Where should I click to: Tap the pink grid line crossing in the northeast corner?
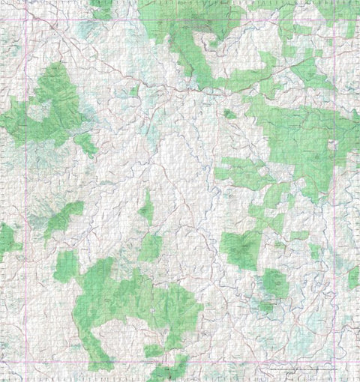coord(334,19)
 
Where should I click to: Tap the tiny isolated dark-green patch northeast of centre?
coord(228,114)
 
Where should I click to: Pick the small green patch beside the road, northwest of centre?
coord(134,91)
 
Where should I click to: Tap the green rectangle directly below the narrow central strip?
coord(150,248)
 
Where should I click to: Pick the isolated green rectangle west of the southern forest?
coord(65,265)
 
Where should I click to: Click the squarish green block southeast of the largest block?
coord(274,282)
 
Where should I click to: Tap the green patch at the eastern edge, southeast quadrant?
coord(353,278)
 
